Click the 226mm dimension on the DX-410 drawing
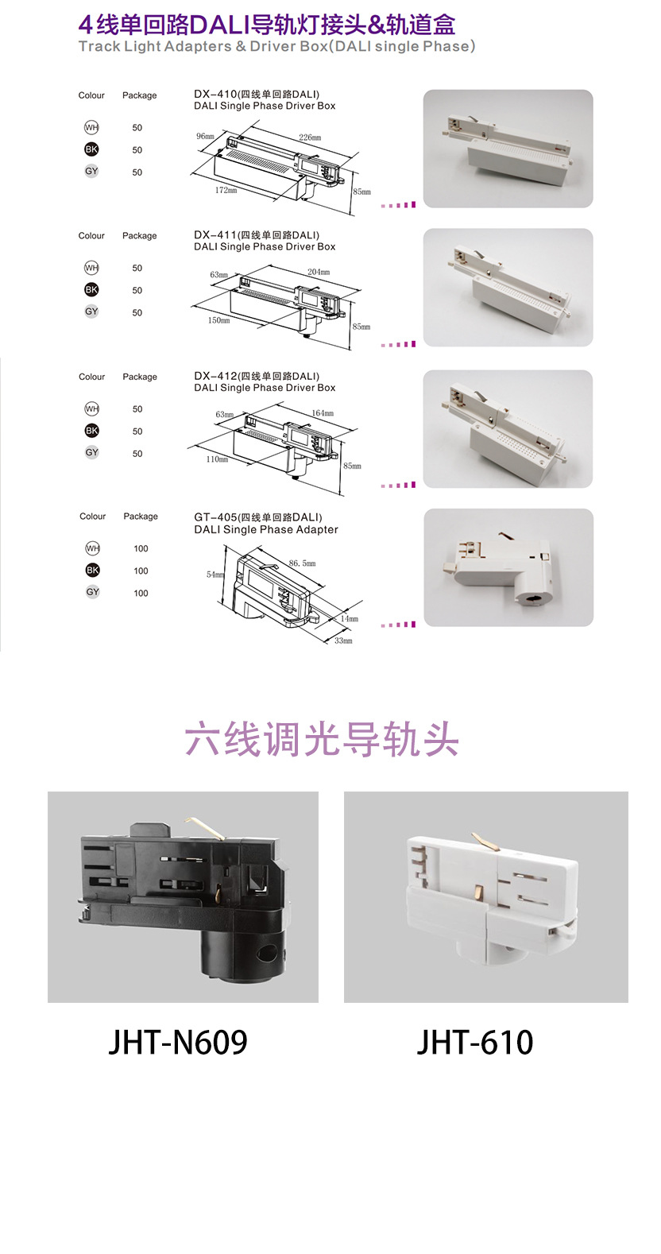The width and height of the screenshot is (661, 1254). [310, 137]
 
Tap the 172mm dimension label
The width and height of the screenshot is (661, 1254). [226, 190]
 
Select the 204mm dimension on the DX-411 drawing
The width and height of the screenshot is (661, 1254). [319, 272]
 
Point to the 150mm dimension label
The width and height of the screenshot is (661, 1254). [218, 320]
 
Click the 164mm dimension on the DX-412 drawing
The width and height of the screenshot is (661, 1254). [323, 413]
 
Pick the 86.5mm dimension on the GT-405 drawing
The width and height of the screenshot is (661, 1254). [302, 563]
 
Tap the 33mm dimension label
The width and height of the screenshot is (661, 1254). [342, 641]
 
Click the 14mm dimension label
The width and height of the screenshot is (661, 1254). [350, 618]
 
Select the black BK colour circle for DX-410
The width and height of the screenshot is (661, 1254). [91, 149]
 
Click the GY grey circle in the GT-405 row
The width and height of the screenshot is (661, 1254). [93, 592]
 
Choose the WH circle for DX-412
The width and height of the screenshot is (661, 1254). [91, 408]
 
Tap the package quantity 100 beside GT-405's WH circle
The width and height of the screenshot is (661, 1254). [141, 548]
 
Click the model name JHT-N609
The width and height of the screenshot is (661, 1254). [178, 1042]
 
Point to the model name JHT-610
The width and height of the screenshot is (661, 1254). [475, 1042]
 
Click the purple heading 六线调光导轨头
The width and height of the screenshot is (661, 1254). [322, 740]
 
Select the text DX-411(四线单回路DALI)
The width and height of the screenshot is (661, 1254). [257, 235]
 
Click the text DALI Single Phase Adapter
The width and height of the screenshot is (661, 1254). [266, 529]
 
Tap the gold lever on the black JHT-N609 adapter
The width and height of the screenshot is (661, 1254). [205, 826]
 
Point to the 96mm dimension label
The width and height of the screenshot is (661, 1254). [205, 137]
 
